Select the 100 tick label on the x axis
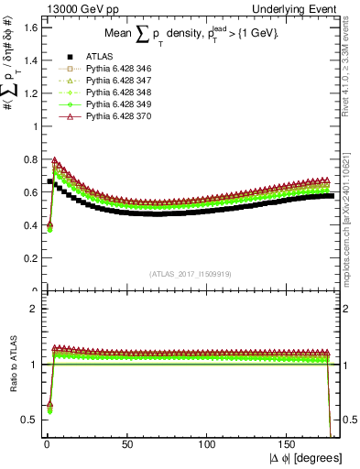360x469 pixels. point(209,444)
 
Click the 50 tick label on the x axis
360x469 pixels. point(128,444)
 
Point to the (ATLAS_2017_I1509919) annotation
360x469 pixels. point(191,274)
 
